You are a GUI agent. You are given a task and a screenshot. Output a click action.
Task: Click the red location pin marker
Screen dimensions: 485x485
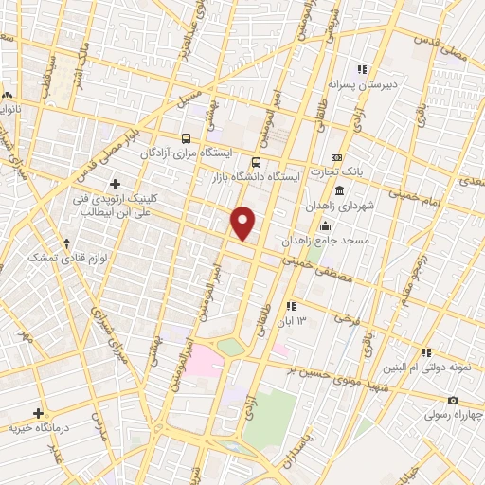point(243,223)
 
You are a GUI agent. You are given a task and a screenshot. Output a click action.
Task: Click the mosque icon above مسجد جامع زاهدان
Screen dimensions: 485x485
point(325,225)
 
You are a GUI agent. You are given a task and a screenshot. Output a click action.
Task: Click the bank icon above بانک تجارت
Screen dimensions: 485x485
point(335,157)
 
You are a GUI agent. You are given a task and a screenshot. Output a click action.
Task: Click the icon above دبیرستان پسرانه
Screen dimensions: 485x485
point(361,69)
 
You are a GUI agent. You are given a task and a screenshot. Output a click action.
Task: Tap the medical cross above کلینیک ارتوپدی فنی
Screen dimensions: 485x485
point(115,183)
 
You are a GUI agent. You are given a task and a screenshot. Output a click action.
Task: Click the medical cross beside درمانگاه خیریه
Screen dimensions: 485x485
point(39,413)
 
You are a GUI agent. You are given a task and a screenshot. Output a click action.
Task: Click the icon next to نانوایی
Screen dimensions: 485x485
point(8,96)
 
